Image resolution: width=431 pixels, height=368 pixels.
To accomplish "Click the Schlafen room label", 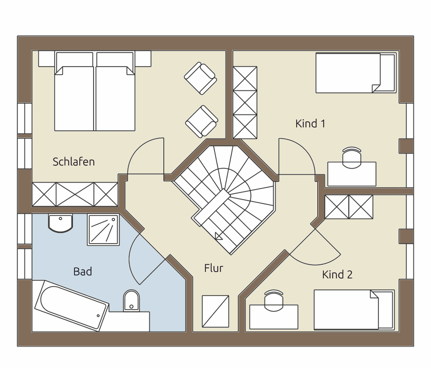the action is coord(74,162).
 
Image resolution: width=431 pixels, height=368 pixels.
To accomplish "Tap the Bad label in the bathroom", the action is coord(82,272).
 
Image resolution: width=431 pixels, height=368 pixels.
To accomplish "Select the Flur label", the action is coord(214,268).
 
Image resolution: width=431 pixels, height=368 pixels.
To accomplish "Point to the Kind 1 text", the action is coord(310,124).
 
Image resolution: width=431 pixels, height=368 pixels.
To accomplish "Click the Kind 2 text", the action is coord(337,275).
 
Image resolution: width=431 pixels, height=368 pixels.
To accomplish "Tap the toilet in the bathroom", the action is coord(131,301).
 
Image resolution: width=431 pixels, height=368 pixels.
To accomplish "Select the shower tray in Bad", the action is coord(103,230).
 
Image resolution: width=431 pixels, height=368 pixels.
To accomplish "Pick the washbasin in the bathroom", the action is coord(60,223).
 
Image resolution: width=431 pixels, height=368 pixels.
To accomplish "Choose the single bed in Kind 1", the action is coord(356,73).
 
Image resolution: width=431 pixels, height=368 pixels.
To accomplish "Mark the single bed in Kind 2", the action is coord(354,309).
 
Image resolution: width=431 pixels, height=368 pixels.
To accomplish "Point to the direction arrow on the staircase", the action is coord(219,236).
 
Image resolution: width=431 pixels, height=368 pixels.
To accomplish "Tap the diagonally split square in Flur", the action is coord(215,311).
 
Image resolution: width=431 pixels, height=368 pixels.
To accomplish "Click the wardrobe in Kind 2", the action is coord(349,207).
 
